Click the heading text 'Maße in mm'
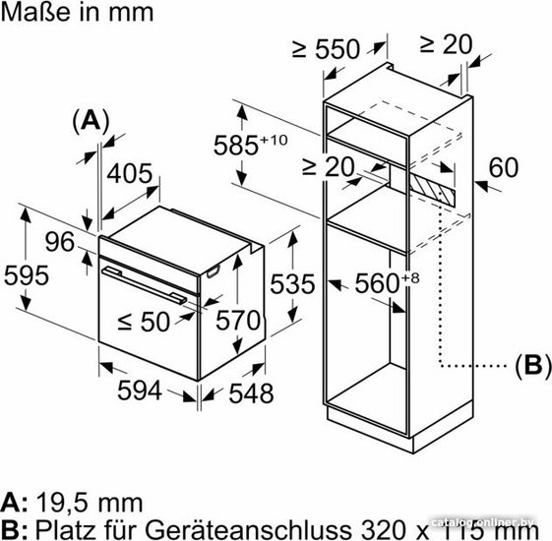pos(77,13)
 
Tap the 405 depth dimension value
pos(130,173)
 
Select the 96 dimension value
pos(60,242)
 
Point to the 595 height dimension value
pos(27,275)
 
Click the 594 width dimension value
pos(140,390)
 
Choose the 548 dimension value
pos(251,393)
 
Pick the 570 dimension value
pos(238,321)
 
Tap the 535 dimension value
pos(292,284)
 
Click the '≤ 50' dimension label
pos(144,322)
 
